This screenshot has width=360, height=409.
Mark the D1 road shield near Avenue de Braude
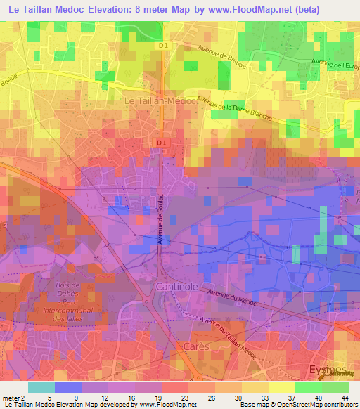pyautogui.click(x=163, y=46)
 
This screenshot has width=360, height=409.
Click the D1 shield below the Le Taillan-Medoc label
pyautogui.click(x=161, y=143)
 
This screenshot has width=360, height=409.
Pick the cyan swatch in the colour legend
pyautogui.click(x=41, y=387)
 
